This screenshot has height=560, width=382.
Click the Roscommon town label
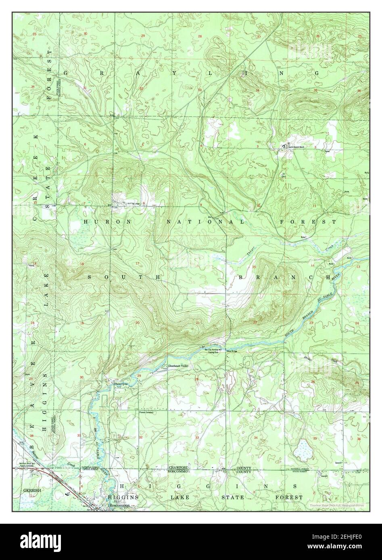click(x=117, y=504)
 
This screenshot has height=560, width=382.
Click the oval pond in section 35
click(x=302, y=450)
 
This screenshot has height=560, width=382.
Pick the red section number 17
click(x=137, y=264)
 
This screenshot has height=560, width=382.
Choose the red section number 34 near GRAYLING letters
click(x=257, y=90)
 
